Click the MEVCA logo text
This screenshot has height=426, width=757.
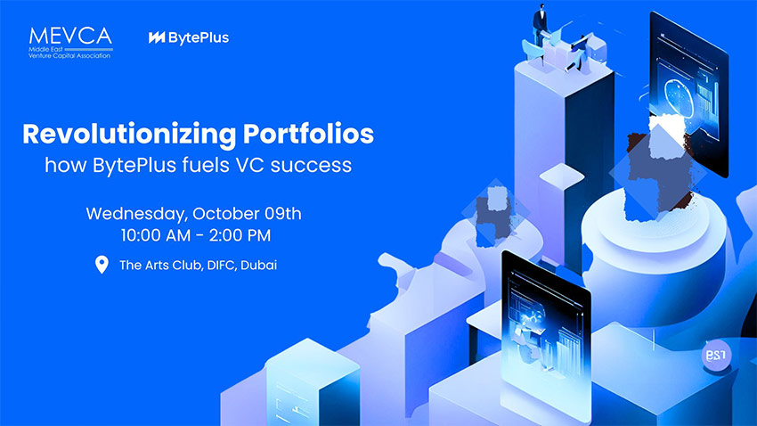pos(70,37)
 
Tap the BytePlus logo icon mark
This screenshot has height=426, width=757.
pos(157,37)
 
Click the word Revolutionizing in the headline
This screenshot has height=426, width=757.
pos(129,135)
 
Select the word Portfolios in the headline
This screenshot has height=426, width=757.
pos(308,134)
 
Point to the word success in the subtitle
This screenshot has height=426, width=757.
pos(311,165)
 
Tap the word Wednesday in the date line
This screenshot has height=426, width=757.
pos(137,214)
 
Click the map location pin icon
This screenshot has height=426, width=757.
pos(102,265)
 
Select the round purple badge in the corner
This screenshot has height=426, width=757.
pos(716,355)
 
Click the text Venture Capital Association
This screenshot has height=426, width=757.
pos(69,55)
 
